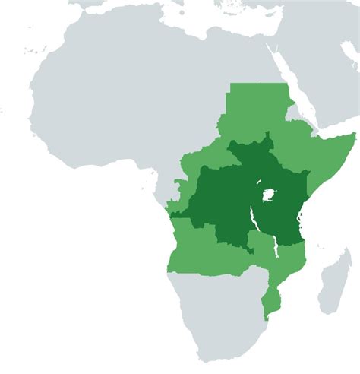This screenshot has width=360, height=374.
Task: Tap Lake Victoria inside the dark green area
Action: (x=268, y=195)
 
